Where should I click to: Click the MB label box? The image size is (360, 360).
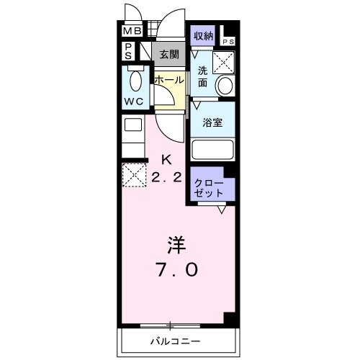(x=131, y=32)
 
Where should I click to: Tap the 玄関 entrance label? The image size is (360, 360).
(x=169, y=54)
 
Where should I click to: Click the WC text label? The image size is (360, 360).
(x=134, y=102)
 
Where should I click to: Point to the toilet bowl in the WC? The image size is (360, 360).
(x=135, y=80)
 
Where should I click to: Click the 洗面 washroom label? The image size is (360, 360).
(x=203, y=77)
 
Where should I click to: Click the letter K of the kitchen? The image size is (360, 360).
(x=166, y=159)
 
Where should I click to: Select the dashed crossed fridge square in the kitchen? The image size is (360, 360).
(x=133, y=175)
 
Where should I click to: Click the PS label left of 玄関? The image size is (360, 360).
(x=127, y=51)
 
